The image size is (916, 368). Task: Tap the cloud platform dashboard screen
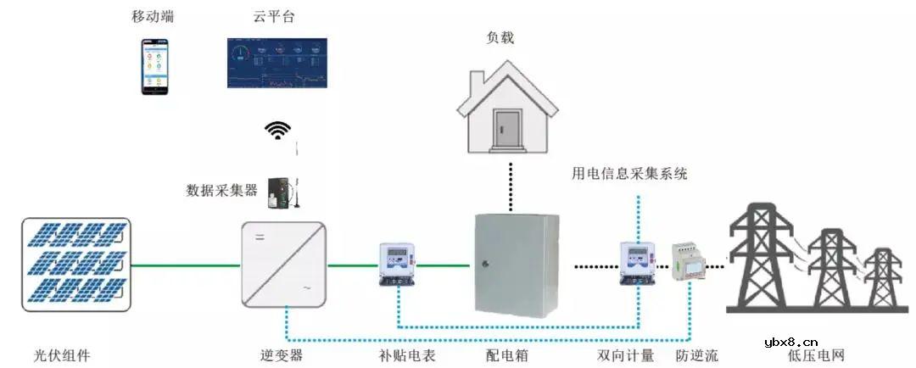pyautogui.click(x=276, y=63)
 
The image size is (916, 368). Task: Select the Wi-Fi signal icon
pyautogui.click(x=277, y=130)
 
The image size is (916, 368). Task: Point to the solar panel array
pyautogui.click(x=75, y=262)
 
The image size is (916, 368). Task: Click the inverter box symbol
pyautogui.click(x=284, y=264)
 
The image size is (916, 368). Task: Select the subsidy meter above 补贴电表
pyautogui.click(x=395, y=264)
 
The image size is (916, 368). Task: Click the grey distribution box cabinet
pyautogui.click(x=517, y=265)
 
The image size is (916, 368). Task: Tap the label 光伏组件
pyautogui.click(x=62, y=355)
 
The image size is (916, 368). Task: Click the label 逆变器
pyautogui.click(x=282, y=355)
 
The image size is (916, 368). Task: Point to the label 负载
pyautogui.click(x=500, y=37)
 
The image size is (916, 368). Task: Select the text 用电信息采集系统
pyautogui.click(x=629, y=174)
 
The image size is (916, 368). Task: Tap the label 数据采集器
pyautogui.click(x=221, y=190)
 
